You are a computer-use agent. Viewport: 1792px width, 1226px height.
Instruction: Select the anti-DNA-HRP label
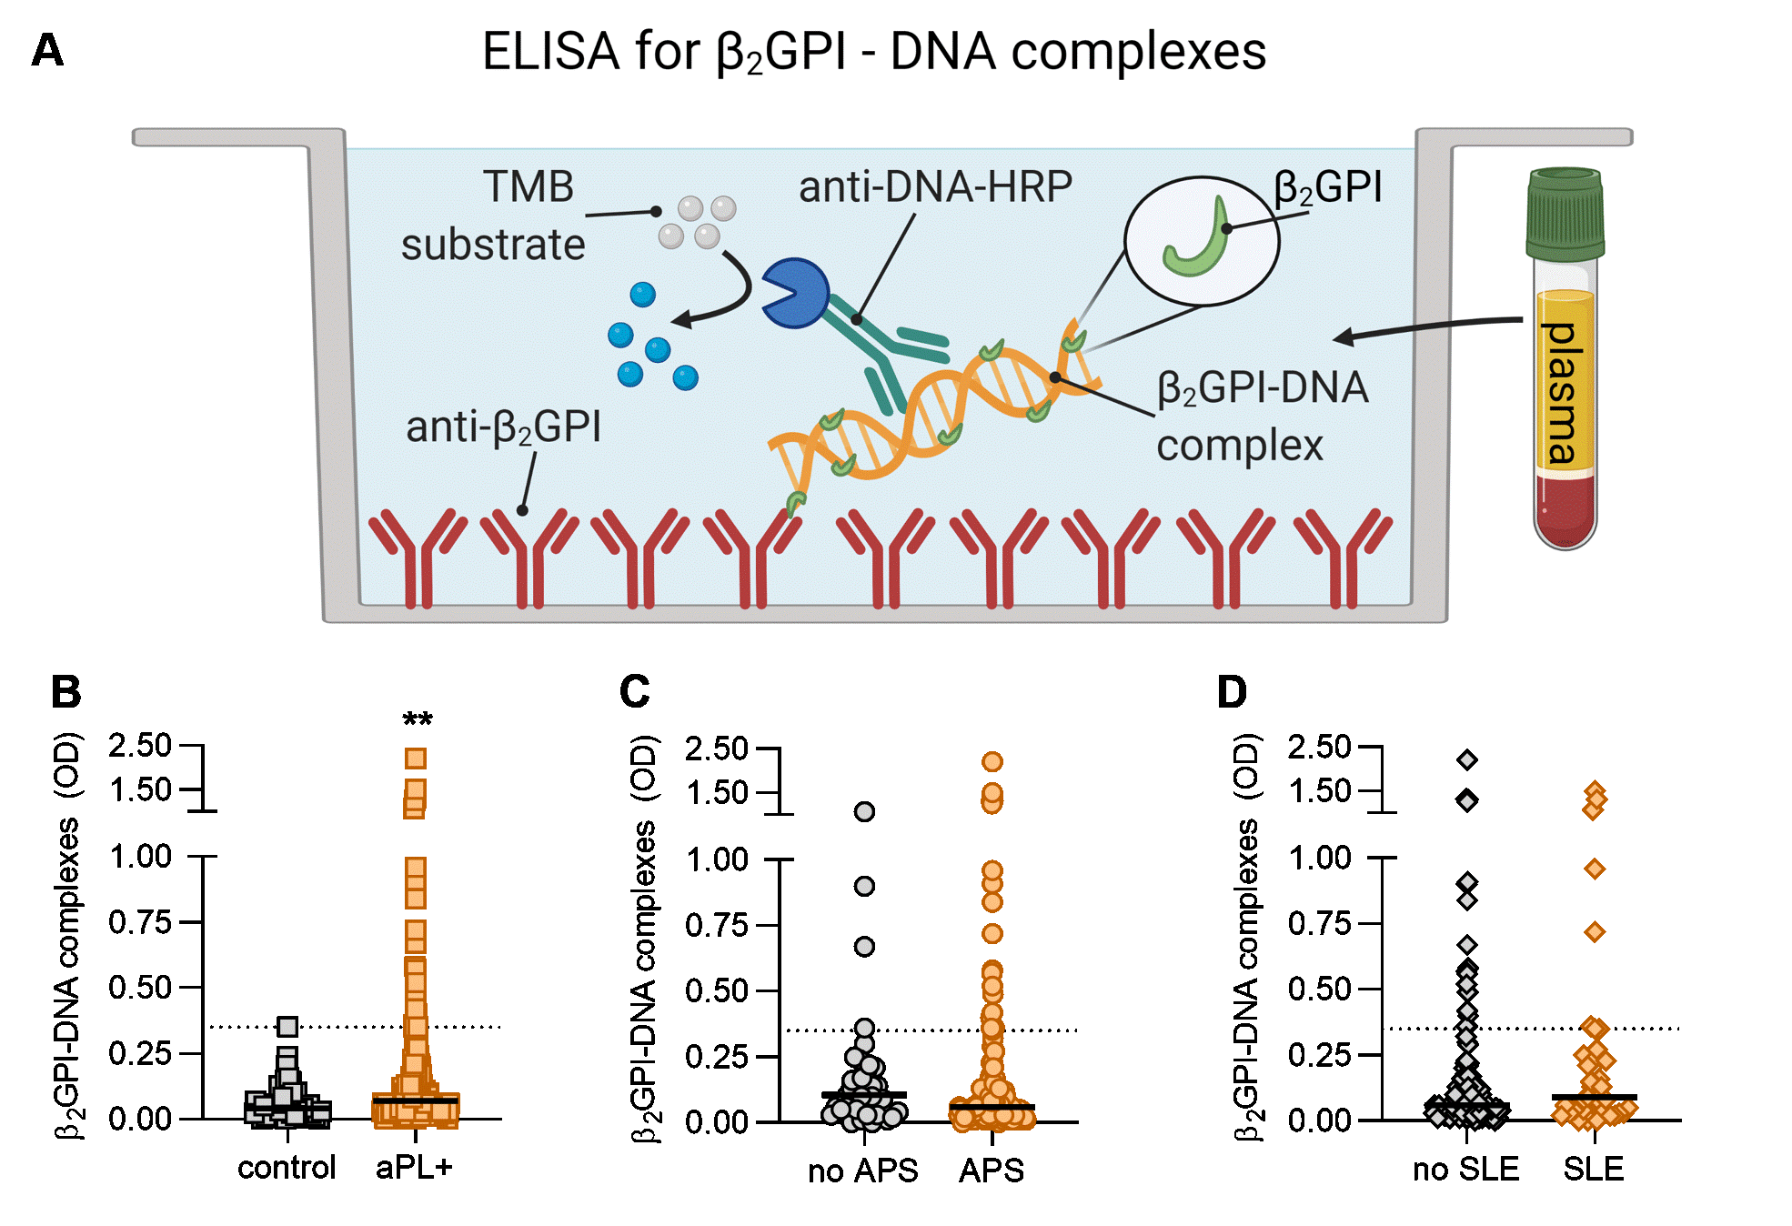coord(935,187)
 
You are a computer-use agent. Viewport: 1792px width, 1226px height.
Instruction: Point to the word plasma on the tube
coord(1564,393)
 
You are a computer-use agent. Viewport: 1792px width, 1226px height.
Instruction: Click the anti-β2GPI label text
coord(503,427)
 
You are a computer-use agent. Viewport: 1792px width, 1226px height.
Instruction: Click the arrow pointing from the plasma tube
coord(1428,327)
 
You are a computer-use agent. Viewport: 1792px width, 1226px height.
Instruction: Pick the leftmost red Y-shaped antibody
coord(418,557)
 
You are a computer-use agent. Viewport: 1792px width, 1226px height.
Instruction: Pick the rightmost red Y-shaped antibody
coord(1343,557)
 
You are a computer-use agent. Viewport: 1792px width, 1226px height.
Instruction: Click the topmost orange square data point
coord(416,759)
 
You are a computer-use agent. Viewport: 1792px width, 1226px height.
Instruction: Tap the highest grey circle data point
coord(864,811)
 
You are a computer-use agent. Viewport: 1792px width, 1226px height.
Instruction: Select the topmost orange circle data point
coord(992,761)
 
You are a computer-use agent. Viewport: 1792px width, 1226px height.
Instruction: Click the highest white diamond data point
coord(1466,759)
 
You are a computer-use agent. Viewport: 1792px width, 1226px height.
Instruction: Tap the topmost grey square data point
coord(287,1027)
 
